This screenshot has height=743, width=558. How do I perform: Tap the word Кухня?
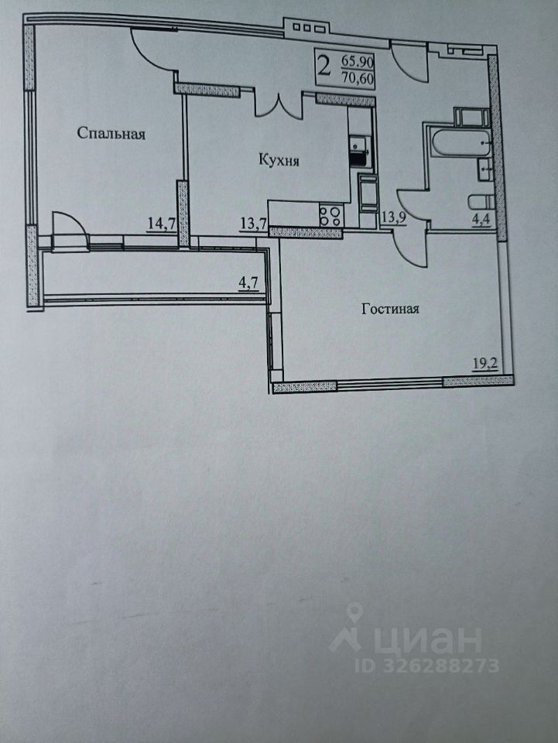(279, 161)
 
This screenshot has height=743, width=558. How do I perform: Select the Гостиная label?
(390, 310)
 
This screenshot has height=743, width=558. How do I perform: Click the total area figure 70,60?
(357, 76)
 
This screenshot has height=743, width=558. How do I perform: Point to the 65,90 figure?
(357, 60)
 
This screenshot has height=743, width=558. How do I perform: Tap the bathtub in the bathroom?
(457, 143)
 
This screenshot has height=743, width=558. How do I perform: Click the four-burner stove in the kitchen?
(331, 215)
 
